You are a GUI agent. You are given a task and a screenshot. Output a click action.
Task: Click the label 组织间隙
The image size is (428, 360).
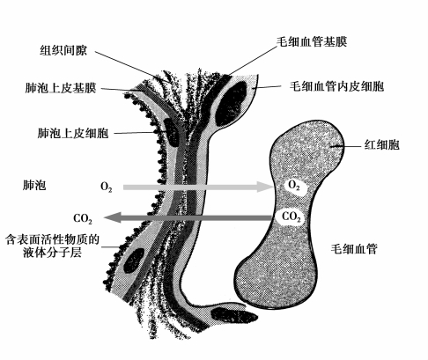click(x=63, y=50)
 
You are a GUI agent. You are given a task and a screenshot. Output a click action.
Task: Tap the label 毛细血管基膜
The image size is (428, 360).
click(x=312, y=41)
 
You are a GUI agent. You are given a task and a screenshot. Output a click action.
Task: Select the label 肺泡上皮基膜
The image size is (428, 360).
click(x=61, y=88)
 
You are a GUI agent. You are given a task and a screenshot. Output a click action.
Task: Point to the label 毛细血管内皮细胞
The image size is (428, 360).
click(x=336, y=86)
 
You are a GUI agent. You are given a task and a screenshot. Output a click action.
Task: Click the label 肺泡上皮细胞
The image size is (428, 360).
click(x=73, y=133)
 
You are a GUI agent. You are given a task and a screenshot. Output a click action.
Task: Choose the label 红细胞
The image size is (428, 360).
click(x=382, y=145)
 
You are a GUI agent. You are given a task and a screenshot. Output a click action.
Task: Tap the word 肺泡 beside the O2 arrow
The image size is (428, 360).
click(x=34, y=186)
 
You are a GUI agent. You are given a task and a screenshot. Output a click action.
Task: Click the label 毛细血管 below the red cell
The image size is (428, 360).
click(x=354, y=249)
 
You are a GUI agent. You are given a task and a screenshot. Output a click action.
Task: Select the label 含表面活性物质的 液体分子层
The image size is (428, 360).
click(x=53, y=246)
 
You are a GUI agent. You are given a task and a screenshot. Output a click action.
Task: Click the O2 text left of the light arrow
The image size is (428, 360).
click(x=107, y=187)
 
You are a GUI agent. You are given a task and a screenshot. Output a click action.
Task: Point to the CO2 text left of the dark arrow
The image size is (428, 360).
click(x=83, y=218)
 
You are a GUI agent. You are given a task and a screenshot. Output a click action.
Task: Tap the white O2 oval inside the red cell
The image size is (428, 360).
click(x=296, y=187)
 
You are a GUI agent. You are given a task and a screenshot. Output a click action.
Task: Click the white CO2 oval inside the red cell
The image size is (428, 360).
click(x=291, y=217)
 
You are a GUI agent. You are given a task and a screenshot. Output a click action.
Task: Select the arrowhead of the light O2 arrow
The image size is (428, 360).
click(x=263, y=187)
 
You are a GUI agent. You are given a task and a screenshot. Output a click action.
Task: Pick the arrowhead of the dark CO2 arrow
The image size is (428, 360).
click(x=113, y=217)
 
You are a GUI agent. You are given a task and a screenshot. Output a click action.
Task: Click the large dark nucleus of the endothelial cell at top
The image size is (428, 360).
click(x=231, y=103)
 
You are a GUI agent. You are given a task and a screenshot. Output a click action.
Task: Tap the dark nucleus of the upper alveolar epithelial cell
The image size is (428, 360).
click(x=171, y=131)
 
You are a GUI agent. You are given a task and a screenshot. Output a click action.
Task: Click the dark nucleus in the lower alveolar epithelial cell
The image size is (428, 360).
click(x=134, y=261)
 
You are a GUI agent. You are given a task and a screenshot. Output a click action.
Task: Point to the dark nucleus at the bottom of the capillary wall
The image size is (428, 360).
click(x=234, y=315)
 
